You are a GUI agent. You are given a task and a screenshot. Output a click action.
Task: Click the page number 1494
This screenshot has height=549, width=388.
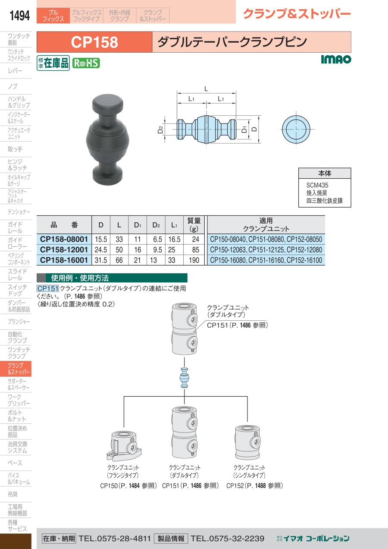tap(19, 16)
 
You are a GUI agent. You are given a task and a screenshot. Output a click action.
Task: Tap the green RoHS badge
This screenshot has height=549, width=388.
tap(86, 63)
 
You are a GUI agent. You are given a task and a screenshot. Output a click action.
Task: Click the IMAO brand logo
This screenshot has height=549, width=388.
tap(336, 59)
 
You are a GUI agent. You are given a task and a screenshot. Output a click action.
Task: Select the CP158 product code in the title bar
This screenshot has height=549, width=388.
tap(94, 42)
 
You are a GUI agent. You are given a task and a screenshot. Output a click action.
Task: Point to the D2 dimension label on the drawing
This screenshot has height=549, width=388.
tap(160, 129)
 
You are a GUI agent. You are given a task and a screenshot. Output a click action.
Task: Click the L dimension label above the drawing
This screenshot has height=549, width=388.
tap(206, 89)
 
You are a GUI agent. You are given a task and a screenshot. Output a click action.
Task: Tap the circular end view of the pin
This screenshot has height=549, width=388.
tap(296, 129)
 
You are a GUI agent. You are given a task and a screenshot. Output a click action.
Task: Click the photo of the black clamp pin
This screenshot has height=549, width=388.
tap(108, 140)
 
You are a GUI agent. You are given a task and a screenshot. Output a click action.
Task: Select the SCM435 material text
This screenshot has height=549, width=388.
tap(317, 185)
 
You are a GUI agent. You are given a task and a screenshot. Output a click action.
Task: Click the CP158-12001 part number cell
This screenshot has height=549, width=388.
tap(64, 249)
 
